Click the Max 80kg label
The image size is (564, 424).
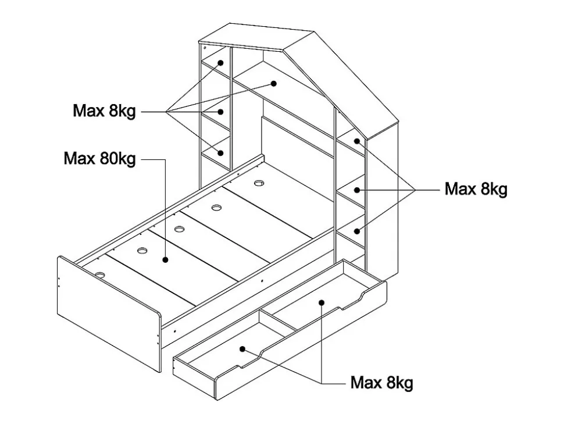99,158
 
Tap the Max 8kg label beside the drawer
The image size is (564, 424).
381,383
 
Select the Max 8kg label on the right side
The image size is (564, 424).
476,189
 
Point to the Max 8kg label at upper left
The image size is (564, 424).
104,111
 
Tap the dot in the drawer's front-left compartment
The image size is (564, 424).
244,350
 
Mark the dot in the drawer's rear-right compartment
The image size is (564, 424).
321,301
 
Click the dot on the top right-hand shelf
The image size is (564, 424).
358,141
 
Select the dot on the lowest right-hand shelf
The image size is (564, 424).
358,231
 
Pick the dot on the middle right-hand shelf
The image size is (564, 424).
358,190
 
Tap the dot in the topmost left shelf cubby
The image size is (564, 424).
222,63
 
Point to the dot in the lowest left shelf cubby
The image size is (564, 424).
222,152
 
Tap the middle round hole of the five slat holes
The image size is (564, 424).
179,228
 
